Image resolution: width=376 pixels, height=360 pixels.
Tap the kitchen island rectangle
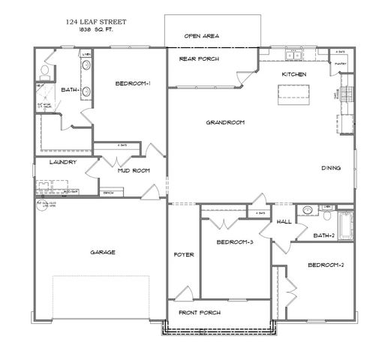pos(293,91)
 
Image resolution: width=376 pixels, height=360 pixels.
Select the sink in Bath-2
pos(307,211)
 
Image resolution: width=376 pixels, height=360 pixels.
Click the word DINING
pos(332,168)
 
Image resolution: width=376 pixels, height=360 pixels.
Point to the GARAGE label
pos(103,252)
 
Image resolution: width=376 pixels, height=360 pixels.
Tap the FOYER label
pos(183,254)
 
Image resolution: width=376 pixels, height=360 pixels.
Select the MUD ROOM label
pos(134,170)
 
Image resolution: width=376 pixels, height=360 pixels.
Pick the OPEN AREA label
pos(202,35)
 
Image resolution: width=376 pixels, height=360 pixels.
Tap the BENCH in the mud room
pos(108,193)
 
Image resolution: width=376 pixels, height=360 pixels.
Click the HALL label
pos(284,222)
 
